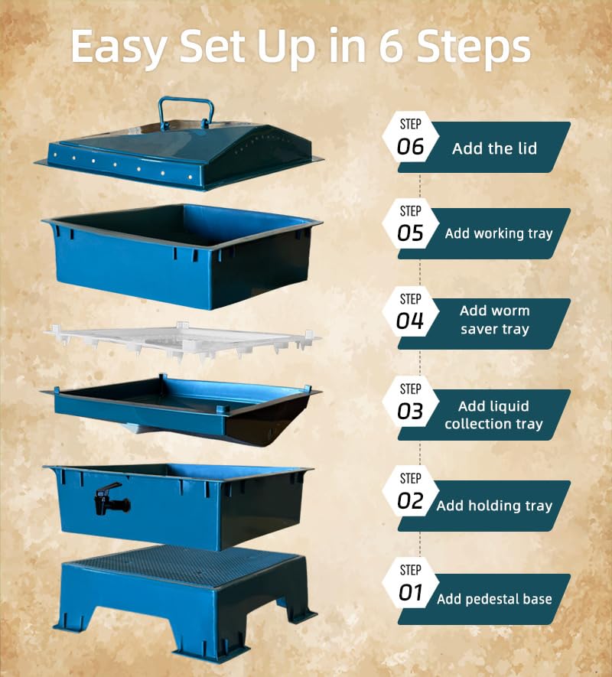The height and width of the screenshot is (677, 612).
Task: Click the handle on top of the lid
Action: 185,112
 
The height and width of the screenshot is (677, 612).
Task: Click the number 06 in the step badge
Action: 410,147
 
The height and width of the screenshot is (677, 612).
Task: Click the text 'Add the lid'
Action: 494,148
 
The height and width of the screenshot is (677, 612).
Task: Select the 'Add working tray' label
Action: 498,234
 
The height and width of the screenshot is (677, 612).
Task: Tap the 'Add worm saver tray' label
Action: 494,321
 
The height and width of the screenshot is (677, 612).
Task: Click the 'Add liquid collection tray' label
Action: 493,415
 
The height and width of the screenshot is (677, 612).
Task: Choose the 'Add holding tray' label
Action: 494,506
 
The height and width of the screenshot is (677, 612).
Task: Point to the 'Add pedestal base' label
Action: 494,599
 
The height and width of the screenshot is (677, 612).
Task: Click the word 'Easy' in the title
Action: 119,47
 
